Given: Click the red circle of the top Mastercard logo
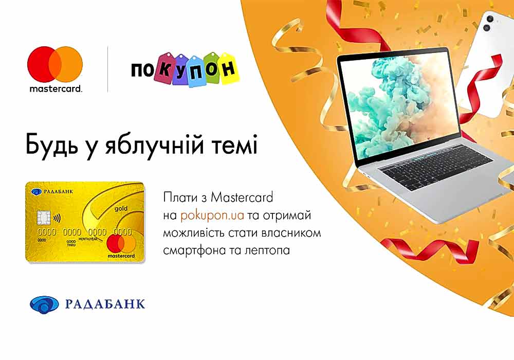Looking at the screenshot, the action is [41, 64].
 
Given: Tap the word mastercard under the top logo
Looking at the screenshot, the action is [56, 88].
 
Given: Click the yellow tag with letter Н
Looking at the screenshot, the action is [230, 68].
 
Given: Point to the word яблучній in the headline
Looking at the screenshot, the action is [154, 145].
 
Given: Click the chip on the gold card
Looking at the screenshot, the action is [43, 217].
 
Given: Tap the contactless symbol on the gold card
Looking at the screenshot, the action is [57, 218].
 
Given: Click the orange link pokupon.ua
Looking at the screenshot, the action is [212, 215].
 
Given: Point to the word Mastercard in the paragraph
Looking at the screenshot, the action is [242, 197].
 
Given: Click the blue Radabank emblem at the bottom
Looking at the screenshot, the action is [44, 304].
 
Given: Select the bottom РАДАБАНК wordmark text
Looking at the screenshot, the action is [105, 304].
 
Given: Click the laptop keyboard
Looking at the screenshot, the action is [436, 167].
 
